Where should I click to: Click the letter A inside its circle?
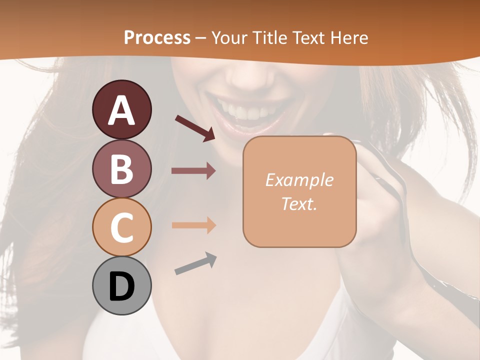tap(121, 110)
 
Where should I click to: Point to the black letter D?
tap(121, 287)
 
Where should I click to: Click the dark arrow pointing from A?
tap(195, 128)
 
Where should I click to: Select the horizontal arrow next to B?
tap(193, 170)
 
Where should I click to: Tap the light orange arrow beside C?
tap(193, 225)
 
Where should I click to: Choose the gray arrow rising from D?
tap(195, 264)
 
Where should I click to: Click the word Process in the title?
tap(157, 37)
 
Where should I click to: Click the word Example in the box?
tap(299, 180)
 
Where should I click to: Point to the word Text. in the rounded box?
tap(299, 203)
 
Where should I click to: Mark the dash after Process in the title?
tap(201, 38)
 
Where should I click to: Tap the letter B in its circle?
tap(121, 169)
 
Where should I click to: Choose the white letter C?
tap(121, 227)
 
